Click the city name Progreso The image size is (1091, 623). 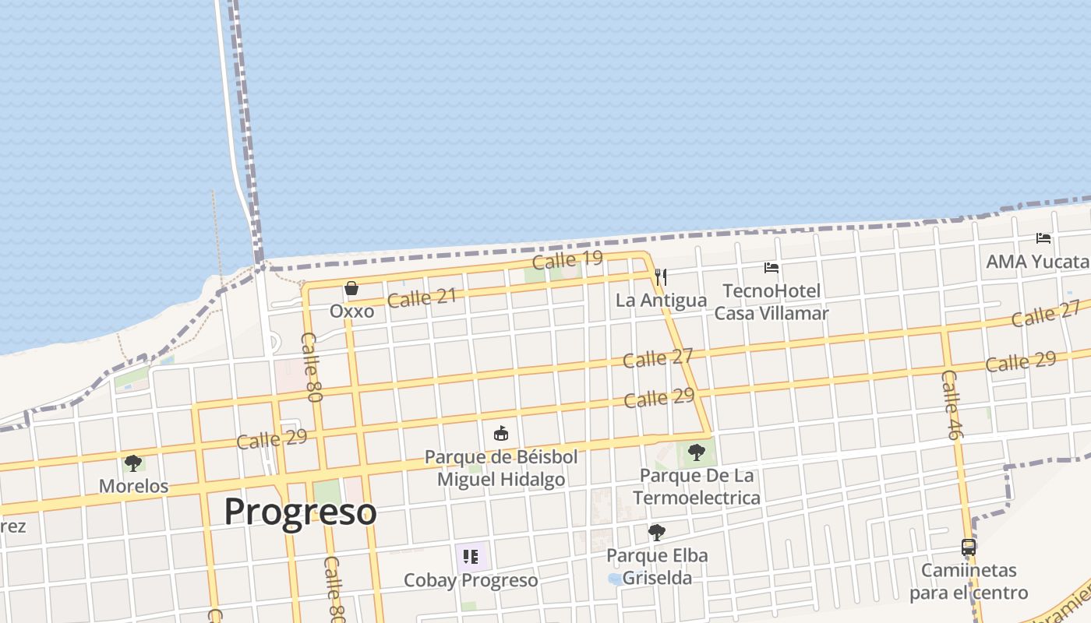pyautogui.click(x=300, y=512)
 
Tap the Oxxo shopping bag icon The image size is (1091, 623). pyautogui.click(x=351, y=289)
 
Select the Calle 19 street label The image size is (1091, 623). pyautogui.click(x=567, y=260)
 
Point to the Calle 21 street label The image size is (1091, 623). pyautogui.click(x=422, y=297)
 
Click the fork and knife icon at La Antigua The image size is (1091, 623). pyautogui.click(x=661, y=277)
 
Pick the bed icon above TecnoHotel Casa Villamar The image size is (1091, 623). pyautogui.click(x=771, y=268)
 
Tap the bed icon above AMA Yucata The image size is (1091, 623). pyautogui.click(x=1043, y=238)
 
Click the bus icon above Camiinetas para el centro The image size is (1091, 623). pyautogui.click(x=969, y=547)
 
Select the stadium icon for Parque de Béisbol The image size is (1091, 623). pyautogui.click(x=500, y=433)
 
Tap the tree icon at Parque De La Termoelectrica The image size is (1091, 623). pyautogui.click(x=696, y=452)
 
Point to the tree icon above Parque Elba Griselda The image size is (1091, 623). pyautogui.click(x=657, y=533)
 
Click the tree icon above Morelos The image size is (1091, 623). pyautogui.click(x=133, y=463)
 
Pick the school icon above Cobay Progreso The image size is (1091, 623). pyautogui.click(x=471, y=556)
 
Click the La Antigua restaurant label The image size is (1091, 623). pyautogui.click(x=661, y=301)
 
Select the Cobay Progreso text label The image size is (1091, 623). pyautogui.click(x=471, y=581)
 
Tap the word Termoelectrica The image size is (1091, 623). pyautogui.click(x=697, y=498)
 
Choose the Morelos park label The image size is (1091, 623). pyautogui.click(x=133, y=486)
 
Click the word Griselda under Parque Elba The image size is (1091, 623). pyautogui.click(x=657, y=578)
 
